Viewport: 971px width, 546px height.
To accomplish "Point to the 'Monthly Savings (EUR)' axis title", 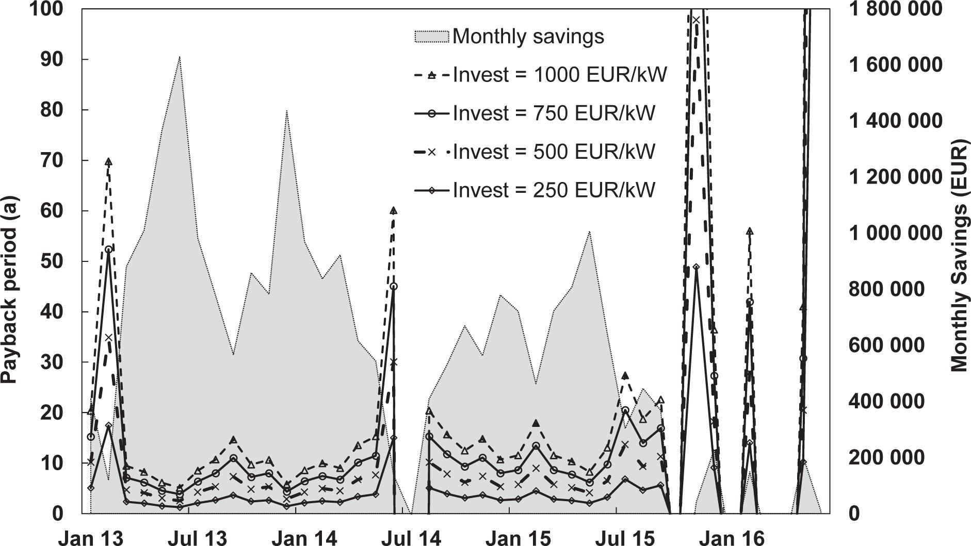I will tap(959, 255).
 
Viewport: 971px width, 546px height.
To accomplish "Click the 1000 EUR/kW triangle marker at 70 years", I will tap(108, 162).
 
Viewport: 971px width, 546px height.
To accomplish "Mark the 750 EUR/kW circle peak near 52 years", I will tap(108, 250).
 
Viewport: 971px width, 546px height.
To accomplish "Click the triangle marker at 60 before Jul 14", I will tap(394, 210).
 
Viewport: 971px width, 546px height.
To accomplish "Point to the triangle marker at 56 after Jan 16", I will tap(750, 231).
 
